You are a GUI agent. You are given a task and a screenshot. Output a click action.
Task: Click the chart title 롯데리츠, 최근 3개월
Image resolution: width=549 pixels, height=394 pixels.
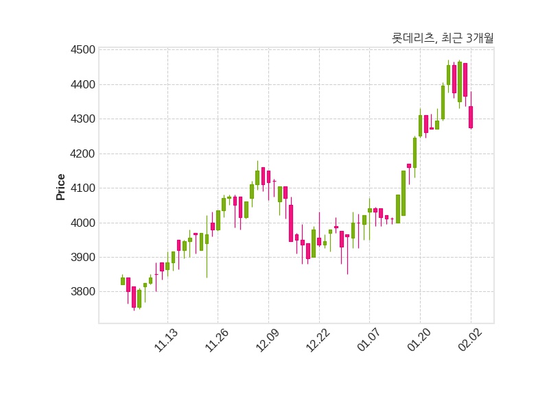tap(442, 38)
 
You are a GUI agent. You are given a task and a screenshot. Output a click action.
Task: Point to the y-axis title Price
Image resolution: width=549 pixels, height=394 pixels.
tap(61, 186)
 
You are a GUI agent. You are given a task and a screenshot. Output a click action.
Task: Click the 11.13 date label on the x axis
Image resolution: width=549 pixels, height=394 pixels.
tap(166, 341)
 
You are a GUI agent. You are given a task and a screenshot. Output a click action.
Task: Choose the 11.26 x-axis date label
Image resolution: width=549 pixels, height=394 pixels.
tap(217, 341)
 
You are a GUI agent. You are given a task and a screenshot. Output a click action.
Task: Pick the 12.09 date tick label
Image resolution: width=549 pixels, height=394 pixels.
tap(268, 341)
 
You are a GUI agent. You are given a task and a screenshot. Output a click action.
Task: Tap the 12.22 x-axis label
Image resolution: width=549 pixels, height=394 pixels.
tap(318, 341)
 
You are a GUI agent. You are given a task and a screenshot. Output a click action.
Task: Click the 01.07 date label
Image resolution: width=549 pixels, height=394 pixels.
tap(369, 341)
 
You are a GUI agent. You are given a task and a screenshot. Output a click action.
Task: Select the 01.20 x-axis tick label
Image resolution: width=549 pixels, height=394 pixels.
tap(419, 341)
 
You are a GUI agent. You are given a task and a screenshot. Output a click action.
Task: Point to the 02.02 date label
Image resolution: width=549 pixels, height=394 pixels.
tap(470, 341)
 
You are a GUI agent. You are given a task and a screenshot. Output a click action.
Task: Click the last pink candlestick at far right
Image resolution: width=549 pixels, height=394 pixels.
tap(471, 117)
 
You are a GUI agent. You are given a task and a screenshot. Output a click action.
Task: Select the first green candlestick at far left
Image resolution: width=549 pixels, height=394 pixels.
tap(123, 281)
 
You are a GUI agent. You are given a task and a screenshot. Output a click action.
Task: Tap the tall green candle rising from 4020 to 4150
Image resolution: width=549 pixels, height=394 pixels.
tap(404, 193)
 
